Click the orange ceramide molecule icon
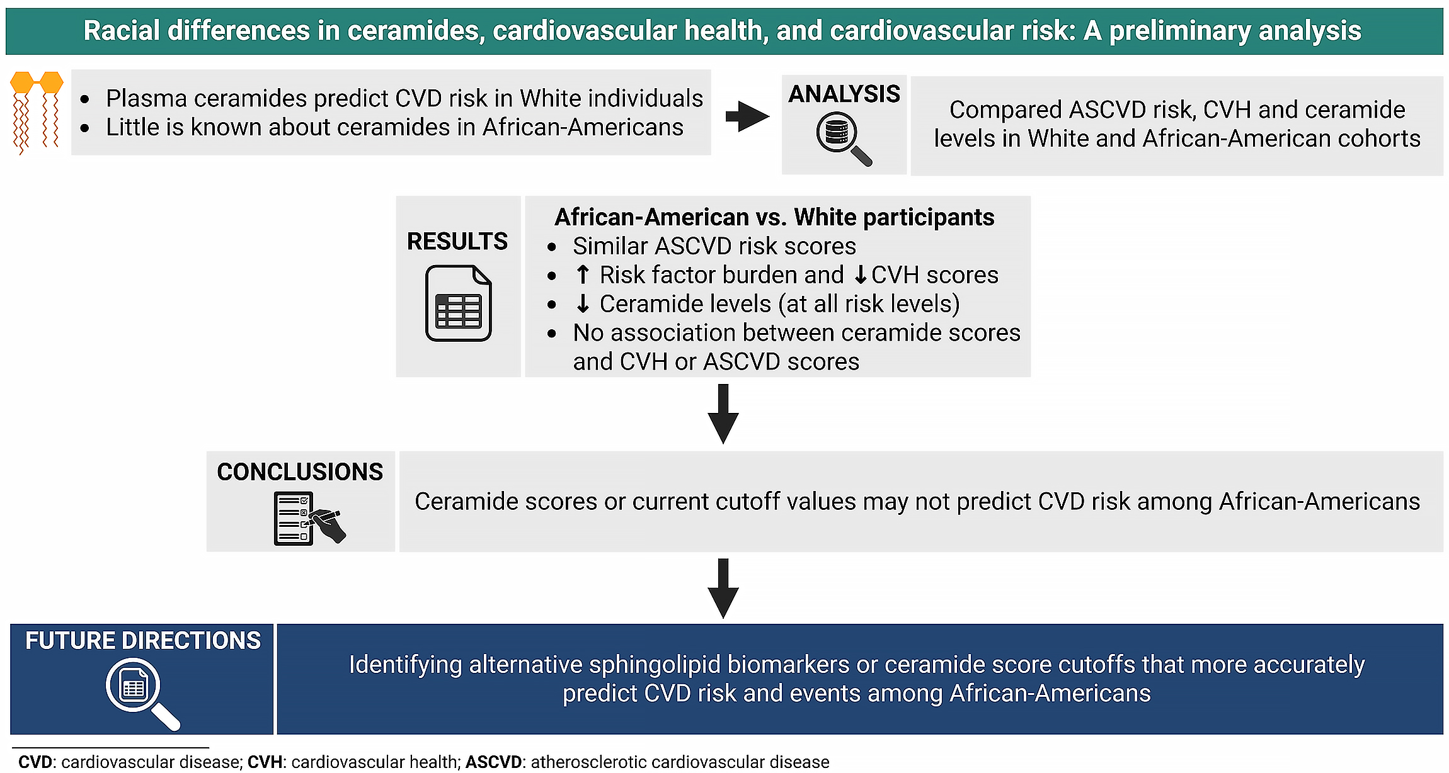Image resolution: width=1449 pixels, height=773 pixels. click(37, 112)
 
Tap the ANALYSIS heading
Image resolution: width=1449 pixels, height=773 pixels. click(844, 94)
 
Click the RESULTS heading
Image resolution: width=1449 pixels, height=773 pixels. click(457, 242)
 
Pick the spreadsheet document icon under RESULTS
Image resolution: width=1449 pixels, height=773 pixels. click(458, 303)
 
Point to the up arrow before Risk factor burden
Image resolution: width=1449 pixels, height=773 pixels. click(583, 275)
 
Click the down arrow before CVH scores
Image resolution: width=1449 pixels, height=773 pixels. click(860, 276)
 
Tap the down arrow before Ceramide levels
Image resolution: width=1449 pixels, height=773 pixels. click(583, 304)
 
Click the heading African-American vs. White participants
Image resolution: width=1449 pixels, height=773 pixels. click(774, 217)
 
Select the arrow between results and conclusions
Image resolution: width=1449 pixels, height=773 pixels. click(723, 414)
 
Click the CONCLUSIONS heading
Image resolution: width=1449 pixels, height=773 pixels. click(300, 472)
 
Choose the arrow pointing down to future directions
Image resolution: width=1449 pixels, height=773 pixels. click(723, 587)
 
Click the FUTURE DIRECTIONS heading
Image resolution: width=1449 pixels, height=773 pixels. click(143, 641)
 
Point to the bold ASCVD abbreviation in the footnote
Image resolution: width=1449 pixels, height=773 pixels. click(493, 762)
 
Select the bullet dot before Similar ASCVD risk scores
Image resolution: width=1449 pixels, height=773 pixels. click(552, 247)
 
